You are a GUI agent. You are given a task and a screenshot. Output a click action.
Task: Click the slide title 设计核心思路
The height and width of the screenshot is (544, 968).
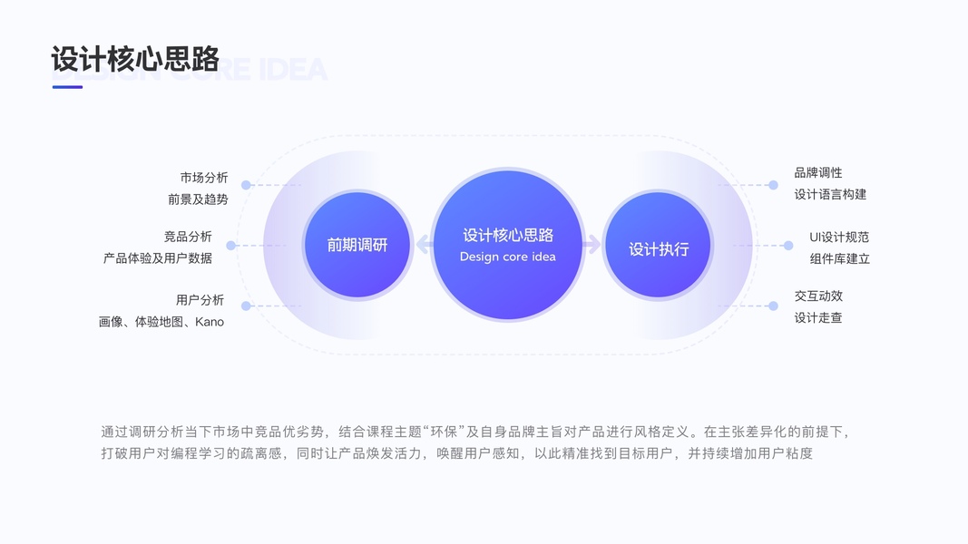coord(135,59)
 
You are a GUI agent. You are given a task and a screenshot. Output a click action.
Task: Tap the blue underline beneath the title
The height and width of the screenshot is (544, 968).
coord(67,87)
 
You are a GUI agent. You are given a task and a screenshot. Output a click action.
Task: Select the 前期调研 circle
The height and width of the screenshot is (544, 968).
coord(357,245)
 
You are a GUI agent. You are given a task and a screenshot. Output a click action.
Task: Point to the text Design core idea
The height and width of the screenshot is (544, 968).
coord(507,257)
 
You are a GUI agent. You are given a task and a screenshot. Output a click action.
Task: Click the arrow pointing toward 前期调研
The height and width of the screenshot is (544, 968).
coord(423,244)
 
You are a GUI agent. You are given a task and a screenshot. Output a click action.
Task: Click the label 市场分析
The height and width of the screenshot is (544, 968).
coord(204,178)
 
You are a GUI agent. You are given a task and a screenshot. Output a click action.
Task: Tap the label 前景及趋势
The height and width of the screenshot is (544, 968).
coord(198,199)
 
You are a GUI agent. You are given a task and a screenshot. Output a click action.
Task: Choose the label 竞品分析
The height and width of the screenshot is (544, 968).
coord(188,237)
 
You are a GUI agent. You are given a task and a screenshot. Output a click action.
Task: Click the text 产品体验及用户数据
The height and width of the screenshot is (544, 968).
coord(158,258)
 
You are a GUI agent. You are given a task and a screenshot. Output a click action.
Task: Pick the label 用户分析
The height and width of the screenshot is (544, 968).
coord(200,300)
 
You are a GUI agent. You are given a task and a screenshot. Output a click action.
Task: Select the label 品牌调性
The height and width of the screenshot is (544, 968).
coord(818,172)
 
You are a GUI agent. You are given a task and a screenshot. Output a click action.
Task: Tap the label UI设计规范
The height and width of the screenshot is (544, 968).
coord(839,237)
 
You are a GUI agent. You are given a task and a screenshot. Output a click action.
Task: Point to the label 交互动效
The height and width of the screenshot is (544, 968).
coord(818,296)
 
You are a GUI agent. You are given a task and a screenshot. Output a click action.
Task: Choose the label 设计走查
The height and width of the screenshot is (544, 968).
coord(818,317)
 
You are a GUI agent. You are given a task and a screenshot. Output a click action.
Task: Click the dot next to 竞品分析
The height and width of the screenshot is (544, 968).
coord(231,246)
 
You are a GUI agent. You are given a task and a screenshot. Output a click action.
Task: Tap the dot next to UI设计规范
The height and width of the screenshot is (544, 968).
coord(788,246)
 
